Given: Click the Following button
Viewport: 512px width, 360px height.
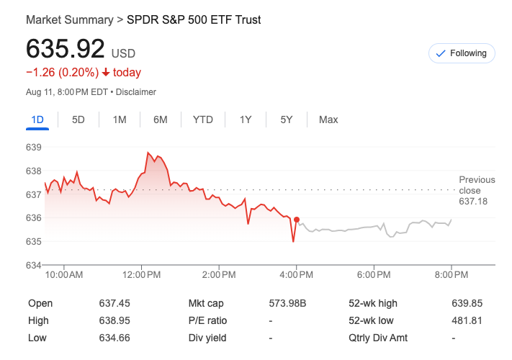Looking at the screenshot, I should (462, 53).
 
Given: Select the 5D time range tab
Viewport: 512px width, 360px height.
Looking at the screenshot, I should (78, 120).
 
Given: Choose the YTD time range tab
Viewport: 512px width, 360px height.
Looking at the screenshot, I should (203, 120).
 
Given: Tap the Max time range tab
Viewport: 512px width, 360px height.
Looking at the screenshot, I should (328, 120).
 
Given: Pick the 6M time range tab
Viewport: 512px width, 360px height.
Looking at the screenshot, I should (161, 120).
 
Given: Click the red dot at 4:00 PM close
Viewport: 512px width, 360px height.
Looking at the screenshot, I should (297, 220).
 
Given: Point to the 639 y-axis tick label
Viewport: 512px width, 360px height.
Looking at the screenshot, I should (34, 148).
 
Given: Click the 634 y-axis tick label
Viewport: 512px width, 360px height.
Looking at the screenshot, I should (34, 265).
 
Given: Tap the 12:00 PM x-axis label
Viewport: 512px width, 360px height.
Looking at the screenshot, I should (141, 275).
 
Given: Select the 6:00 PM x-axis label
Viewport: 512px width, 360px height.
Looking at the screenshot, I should (374, 275).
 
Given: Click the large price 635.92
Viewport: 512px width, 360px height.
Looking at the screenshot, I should (65, 49).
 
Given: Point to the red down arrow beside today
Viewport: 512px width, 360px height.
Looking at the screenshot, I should (106, 72).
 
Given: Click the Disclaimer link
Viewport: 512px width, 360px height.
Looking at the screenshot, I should (136, 92).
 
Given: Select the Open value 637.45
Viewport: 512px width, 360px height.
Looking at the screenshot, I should (114, 303).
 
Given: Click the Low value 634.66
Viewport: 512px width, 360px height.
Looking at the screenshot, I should (114, 338).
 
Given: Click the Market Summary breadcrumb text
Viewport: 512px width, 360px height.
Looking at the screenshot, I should (69, 19).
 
